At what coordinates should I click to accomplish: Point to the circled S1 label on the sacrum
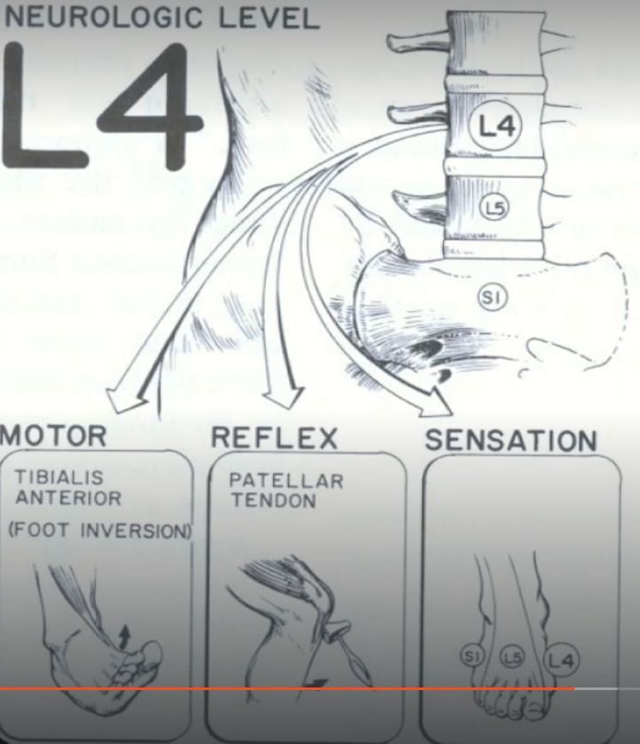point(492,297)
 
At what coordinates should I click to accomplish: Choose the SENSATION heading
point(511,440)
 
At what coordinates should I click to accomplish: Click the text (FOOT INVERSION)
point(98,531)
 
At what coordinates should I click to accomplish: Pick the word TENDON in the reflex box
point(261,499)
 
